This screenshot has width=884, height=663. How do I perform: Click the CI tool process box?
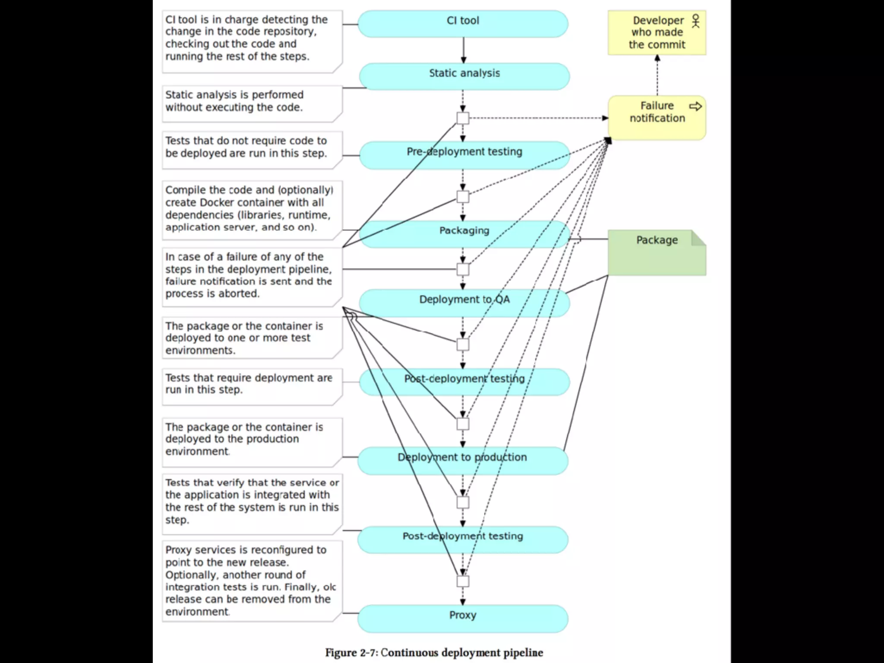(x=463, y=24)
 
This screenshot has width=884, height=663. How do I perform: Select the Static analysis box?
(x=464, y=76)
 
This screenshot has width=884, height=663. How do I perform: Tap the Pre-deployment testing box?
(x=464, y=155)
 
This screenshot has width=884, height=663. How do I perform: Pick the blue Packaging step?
(x=464, y=234)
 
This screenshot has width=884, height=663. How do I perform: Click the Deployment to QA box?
(x=464, y=303)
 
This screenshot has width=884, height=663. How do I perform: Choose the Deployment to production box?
(x=463, y=461)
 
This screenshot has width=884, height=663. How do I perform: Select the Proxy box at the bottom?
(x=463, y=619)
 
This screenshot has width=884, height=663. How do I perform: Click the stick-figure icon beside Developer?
(x=695, y=21)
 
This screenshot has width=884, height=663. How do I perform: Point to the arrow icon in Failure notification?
(x=695, y=106)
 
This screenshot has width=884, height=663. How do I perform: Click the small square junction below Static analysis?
(x=463, y=118)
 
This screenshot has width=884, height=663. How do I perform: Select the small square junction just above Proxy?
(x=463, y=581)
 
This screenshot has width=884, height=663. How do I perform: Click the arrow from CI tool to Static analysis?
(x=464, y=50)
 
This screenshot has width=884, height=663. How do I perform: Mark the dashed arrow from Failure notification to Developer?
(x=657, y=76)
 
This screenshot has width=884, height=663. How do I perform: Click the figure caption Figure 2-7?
(x=434, y=652)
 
